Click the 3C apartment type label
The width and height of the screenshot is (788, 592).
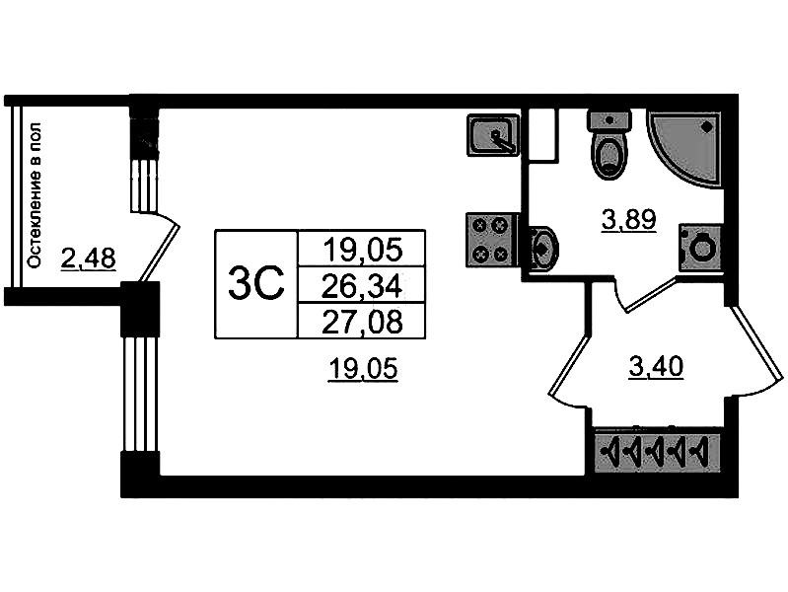[255, 284]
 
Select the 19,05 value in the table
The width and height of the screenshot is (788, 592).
[362, 249]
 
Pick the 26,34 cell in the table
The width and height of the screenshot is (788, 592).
[362, 285]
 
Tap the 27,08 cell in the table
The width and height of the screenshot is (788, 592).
[362, 321]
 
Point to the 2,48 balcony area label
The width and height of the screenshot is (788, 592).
[88, 259]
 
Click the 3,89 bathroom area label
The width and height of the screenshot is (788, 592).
[628, 220]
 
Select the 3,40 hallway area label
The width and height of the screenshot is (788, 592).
[656, 369]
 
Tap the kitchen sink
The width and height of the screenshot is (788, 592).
[492, 134]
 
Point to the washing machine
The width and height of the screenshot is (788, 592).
[701, 247]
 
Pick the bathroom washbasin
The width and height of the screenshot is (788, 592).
[542, 248]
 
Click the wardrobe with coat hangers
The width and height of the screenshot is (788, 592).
[658, 453]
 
